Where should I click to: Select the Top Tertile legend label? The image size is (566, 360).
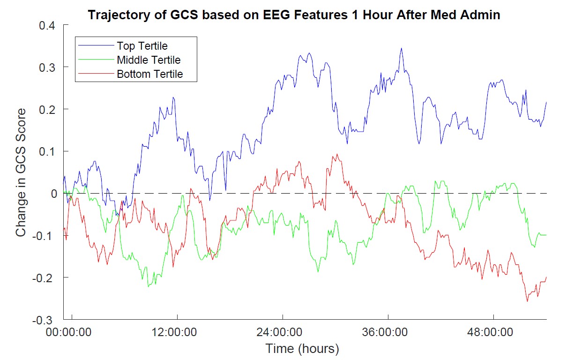click(x=142, y=46)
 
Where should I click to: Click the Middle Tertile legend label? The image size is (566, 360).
click(x=149, y=60)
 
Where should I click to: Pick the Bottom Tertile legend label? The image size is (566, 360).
click(x=149, y=74)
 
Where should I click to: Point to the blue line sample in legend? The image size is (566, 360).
click(x=97, y=46)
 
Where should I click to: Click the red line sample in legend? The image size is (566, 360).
click(x=97, y=74)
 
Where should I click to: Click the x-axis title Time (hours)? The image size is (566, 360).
click(x=302, y=349)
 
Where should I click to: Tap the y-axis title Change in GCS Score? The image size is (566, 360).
click(x=22, y=172)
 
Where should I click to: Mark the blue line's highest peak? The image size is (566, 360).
click(x=402, y=48)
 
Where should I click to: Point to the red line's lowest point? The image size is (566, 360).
click(x=527, y=301)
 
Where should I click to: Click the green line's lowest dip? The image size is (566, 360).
click(x=149, y=286)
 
